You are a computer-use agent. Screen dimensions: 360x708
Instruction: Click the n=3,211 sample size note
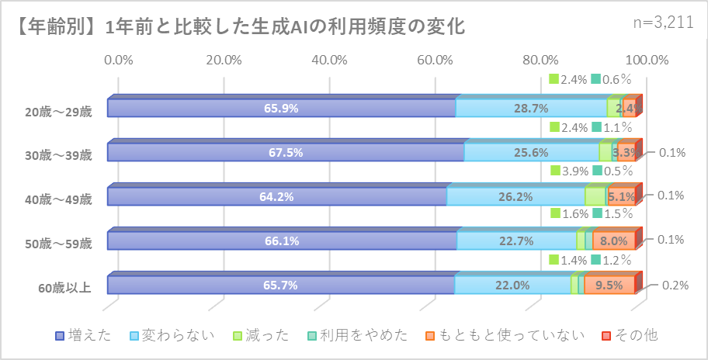pyautogui.click(x=664, y=22)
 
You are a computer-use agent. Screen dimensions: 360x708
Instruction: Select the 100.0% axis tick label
pyautogui.click(x=646, y=60)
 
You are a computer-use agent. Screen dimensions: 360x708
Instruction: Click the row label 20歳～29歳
pyautogui.click(x=58, y=112)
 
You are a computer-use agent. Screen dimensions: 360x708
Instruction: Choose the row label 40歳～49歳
pyautogui.click(x=58, y=199)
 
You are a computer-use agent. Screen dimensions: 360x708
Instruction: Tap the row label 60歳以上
pyautogui.click(x=65, y=287)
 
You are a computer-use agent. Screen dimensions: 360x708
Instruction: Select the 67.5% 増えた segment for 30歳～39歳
pyautogui.click(x=285, y=153)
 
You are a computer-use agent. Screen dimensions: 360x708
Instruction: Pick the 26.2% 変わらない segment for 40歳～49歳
pyautogui.click(x=515, y=197)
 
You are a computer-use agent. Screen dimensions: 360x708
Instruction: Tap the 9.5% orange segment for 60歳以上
pyautogui.click(x=609, y=286)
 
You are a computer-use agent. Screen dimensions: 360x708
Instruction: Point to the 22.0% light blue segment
pyautogui.click(x=512, y=286)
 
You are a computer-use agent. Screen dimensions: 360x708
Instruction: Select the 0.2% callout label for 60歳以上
pyautogui.click(x=675, y=285)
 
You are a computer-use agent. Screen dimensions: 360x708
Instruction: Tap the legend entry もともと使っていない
pyautogui.click(x=505, y=335)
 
